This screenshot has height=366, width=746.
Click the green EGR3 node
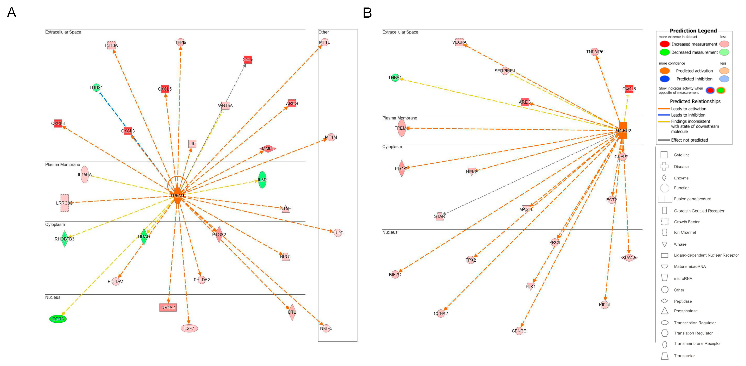(58, 319)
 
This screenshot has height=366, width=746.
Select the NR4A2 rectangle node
(168, 307)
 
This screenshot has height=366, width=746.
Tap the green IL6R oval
(262, 180)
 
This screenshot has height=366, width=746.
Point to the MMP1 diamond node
(268, 149)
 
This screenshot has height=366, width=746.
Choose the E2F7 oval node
(189, 328)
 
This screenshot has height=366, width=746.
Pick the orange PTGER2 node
(623, 131)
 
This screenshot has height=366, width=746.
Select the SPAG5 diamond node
(629, 258)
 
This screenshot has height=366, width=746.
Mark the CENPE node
(519, 331)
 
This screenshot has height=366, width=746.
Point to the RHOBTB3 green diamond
(65, 239)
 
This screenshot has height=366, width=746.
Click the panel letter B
(367, 13)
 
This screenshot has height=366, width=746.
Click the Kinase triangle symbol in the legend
(665, 244)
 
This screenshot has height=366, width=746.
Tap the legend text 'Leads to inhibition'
(688, 115)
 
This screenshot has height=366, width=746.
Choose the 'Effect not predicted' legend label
(689, 140)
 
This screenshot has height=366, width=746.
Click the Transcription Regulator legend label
(695, 323)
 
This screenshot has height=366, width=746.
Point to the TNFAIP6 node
(594, 52)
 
